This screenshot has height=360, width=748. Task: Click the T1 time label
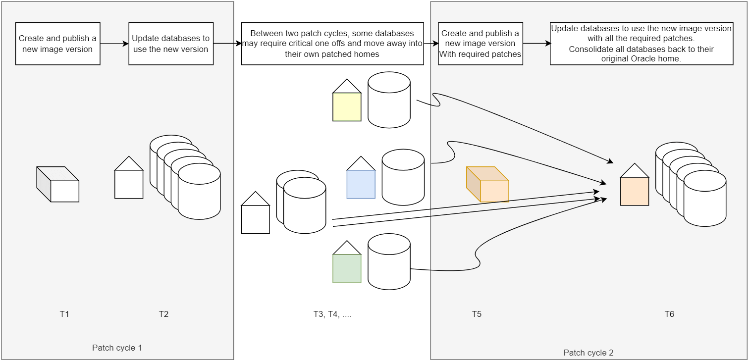click(64, 314)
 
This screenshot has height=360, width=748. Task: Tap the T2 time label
click(163, 314)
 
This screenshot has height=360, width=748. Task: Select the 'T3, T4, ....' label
click(332, 314)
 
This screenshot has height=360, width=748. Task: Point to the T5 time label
click(477, 314)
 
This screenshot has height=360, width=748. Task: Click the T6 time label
click(669, 314)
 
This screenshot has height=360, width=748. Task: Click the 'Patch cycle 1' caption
click(117, 348)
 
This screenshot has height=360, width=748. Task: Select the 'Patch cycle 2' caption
click(588, 353)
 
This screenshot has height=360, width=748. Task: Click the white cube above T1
click(58, 184)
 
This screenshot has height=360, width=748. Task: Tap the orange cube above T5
click(487, 184)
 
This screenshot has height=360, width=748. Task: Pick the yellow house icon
click(347, 100)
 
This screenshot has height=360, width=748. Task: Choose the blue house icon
click(361, 177)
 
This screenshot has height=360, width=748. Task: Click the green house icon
click(347, 262)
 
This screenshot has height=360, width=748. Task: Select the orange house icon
click(635, 184)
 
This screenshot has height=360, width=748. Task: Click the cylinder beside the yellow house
click(389, 100)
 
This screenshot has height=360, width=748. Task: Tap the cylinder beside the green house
click(389, 261)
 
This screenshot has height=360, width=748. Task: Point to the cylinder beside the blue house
click(403, 177)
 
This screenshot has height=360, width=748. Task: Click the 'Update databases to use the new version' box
click(171, 44)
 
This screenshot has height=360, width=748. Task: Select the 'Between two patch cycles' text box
click(332, 44)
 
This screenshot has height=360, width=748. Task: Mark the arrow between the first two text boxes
click(114, 44)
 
